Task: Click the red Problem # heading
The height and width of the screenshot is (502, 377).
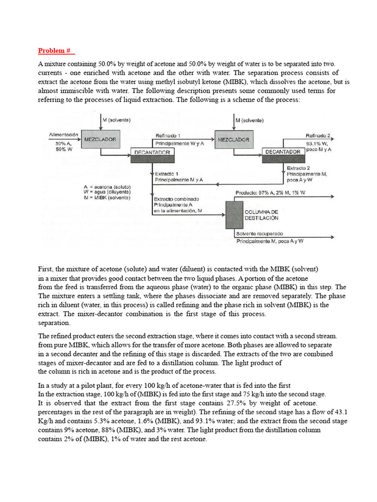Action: point(56,50)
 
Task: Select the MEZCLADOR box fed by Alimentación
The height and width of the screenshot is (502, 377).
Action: point(100,140)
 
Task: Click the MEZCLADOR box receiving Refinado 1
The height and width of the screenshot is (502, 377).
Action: point(233,140)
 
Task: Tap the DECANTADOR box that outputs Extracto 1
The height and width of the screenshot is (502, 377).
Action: point(152,152)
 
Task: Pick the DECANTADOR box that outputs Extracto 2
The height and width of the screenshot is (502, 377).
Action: point(283,152)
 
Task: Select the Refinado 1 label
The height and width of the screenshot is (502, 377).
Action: point(167,136)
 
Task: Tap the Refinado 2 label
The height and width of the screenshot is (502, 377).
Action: point(318,136)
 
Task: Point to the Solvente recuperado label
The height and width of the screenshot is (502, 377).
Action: point(259,234)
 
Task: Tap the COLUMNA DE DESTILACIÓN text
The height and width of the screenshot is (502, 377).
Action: point(262,215)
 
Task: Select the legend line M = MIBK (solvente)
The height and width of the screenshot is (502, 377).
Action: point(107,198)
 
